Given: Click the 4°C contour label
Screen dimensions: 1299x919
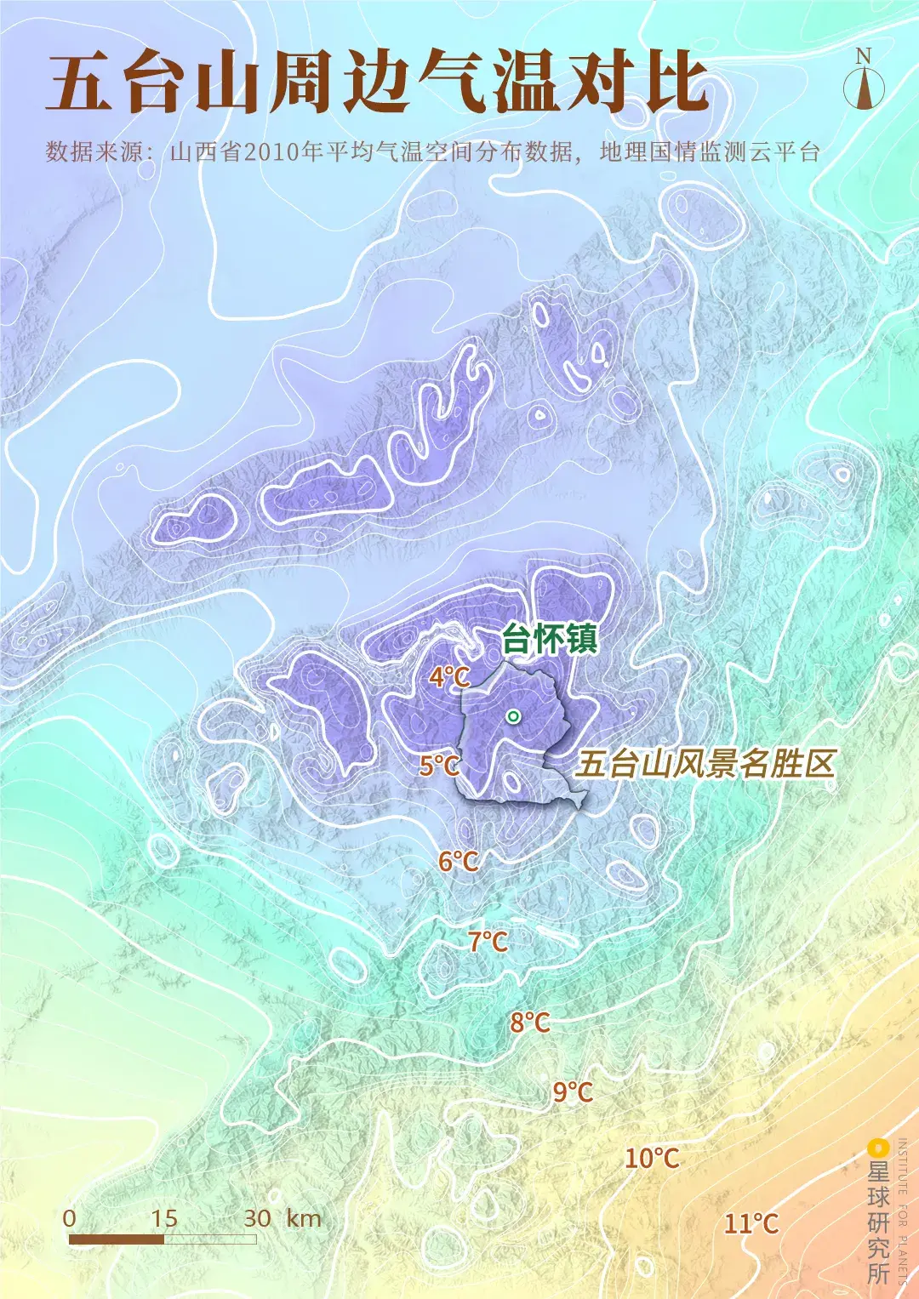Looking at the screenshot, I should (x=449, y=677).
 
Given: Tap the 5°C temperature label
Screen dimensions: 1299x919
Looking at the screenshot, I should (x=439, y=766).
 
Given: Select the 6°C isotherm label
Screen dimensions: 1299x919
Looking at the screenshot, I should (x=458, y=862).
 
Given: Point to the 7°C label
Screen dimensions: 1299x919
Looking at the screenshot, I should (x=488, y=942).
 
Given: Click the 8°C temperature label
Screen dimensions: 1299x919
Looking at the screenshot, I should (x=529, y=1022).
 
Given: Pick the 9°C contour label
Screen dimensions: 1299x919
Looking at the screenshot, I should (x=573, y=1091).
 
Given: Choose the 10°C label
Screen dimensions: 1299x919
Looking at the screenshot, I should (x=652, y=1158).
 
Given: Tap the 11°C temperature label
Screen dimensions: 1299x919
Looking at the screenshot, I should (x=751, y=1223).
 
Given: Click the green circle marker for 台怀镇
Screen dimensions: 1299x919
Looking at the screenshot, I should (x=513, y=716).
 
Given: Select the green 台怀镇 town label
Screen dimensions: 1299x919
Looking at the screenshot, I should (x=550, y=638).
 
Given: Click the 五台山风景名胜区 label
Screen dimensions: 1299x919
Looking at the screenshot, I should (x=705, y=764).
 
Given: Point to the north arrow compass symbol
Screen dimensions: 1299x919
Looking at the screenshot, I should (x=864, y=88).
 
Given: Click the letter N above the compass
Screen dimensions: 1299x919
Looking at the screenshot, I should (x=864, y=56).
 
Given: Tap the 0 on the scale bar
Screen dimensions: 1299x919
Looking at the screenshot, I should (x=70, y=1218).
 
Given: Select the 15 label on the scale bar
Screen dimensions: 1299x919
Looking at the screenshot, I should (x=163, y=1218).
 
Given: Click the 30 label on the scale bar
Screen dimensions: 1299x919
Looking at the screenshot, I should (x=257, y=1218).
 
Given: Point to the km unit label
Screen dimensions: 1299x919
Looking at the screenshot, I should (x=304, y=1218).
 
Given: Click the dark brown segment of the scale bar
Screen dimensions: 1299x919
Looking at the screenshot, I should (x=117, y=1239).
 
